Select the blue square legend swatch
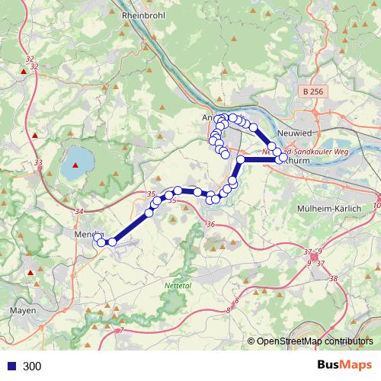11,367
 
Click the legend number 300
33,367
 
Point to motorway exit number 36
211,224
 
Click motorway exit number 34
79,211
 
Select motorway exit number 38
333,279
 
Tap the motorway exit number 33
39,162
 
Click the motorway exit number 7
120,331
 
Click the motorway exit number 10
376,206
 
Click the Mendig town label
87,235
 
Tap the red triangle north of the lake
34,136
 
